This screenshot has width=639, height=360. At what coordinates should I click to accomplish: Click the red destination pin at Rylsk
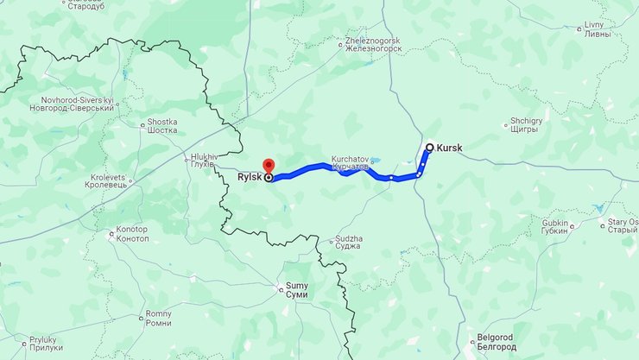point(268,166)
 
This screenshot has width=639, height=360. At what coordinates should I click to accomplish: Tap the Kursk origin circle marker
point(429,148)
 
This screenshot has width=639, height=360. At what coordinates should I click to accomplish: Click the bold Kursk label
point(450,148)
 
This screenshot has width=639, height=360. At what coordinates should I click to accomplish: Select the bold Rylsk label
point(250,178)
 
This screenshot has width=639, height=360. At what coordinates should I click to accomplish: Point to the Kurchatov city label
point(351,163)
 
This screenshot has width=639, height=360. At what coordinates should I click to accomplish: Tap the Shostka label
point(162,126)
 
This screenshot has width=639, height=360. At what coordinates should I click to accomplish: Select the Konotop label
point(131,233)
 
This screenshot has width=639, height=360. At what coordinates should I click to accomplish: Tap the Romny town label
point(158,319)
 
